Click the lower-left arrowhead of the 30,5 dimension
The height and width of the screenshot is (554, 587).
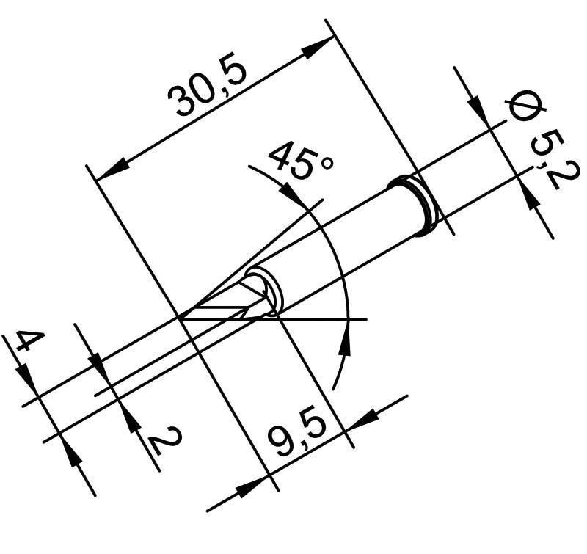pos(109,171)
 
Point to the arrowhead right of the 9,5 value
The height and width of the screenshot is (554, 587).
pos(362,418)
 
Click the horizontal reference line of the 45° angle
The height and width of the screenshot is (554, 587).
pos(323,319)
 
